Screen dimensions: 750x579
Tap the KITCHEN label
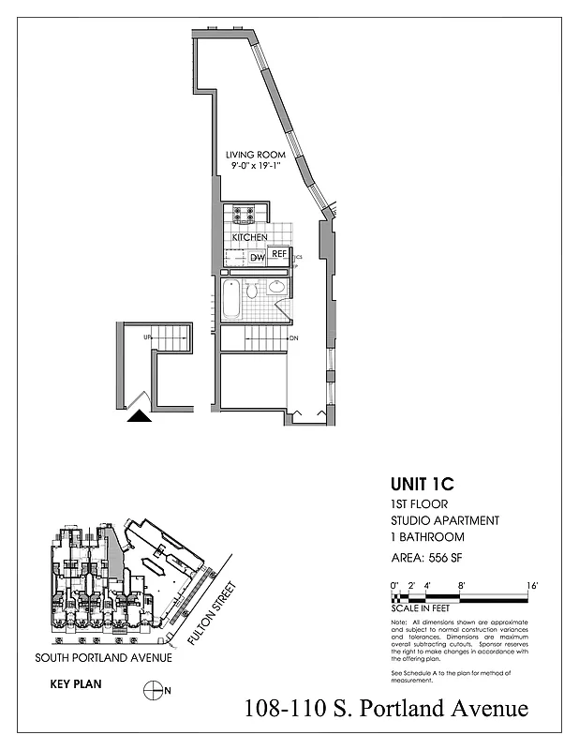click(250, 237)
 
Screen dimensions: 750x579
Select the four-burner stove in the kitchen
click(245, 215)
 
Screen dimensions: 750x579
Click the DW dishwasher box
click(257, 257)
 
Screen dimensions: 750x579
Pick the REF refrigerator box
click(277, 253)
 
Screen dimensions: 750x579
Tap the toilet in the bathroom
click(251, 292)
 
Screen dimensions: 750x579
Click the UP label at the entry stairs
click(147, 337)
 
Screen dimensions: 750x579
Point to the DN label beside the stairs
click(292, 338)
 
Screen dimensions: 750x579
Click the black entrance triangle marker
click(139, 418)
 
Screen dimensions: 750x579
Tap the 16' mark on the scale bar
click(531, 585)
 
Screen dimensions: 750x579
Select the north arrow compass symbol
click(152, 691)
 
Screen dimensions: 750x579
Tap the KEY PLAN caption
click(75, 685)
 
